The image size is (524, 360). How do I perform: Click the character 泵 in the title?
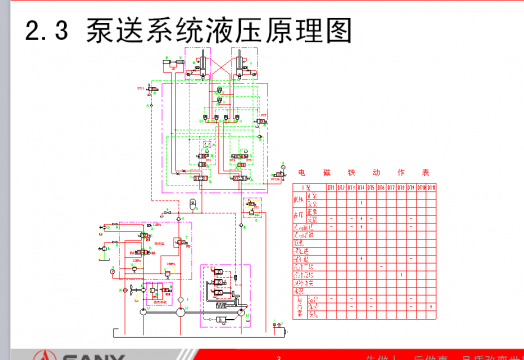click(x=103, y=32)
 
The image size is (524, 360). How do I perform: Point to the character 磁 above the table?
click(x=326, y=172)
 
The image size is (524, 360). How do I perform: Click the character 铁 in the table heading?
click(x=351, y=172)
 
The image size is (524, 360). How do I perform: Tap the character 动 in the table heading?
click(x=376, y=172)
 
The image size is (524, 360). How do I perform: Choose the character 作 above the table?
click(x=400, y=172)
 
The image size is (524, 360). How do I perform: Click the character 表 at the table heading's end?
click(x=425, y=172)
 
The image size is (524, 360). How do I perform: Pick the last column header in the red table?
click(x=432, y=187)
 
